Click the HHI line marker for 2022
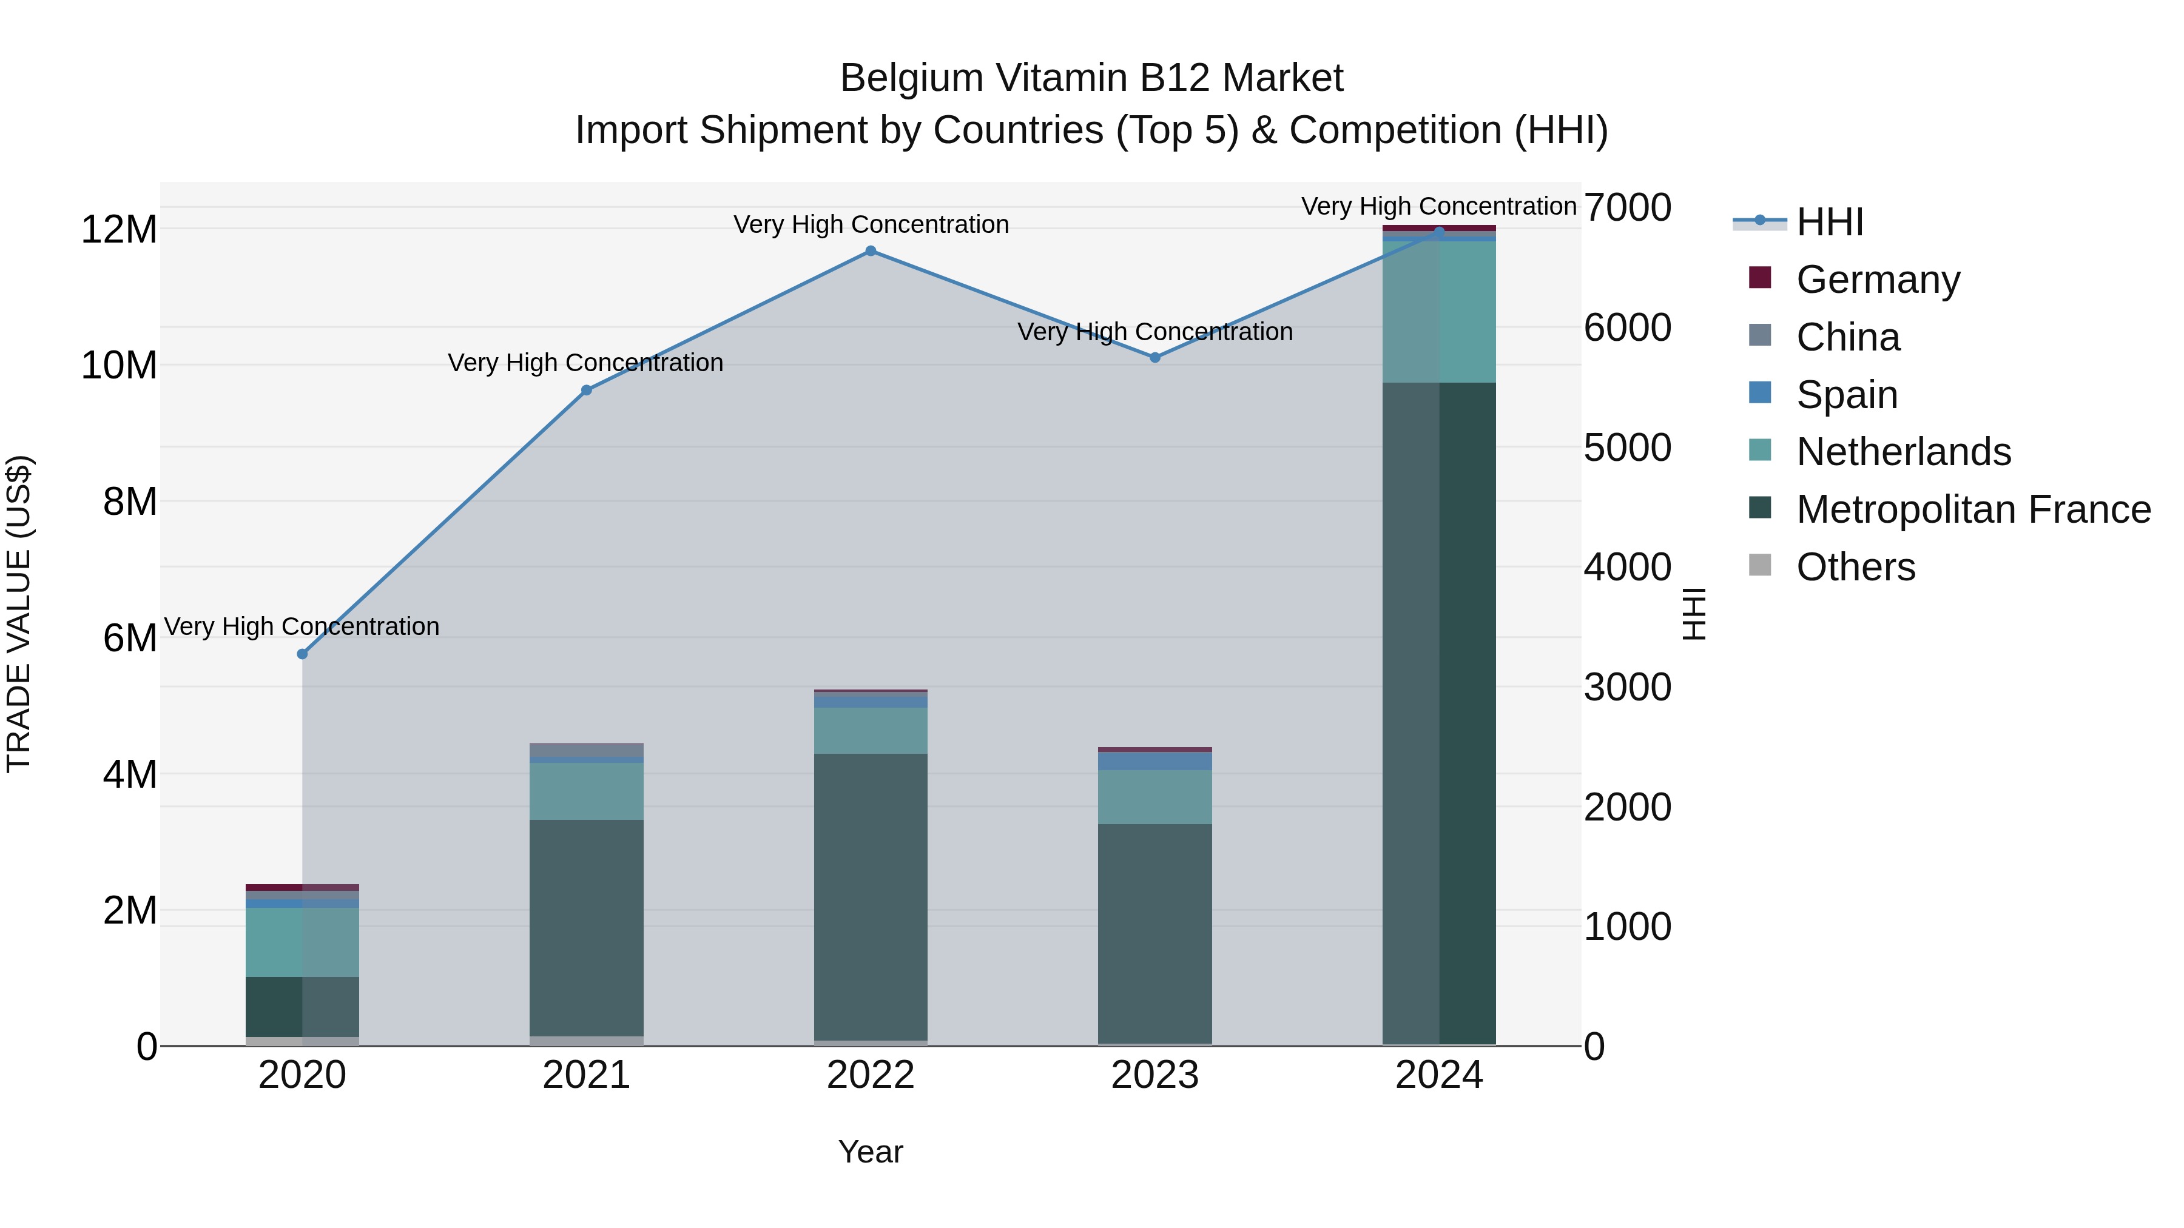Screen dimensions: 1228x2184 tap(870, 251)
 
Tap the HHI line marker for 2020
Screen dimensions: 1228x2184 tap(303, 654)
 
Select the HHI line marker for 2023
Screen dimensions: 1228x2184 tap(1154, 358)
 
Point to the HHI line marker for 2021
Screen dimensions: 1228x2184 tap(587, 391)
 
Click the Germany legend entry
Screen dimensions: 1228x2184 tap(1877, 280)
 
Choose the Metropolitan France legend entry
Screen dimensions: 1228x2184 tap(1973, 509)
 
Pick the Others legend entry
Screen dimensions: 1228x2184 tap(1855, 567)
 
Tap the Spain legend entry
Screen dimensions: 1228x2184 tap(1847, 395)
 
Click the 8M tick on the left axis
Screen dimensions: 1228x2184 tap(130, 502)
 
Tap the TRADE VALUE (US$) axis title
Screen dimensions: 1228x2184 tap(19, 614)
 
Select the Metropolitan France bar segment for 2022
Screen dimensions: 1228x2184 tap(871, 897)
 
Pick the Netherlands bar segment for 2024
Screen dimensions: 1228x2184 tap(1439, 312)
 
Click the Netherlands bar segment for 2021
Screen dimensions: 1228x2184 tap(587, 791)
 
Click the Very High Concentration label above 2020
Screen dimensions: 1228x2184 tap(302, 627)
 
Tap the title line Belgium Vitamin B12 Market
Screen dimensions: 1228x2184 tap(1091, 79)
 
